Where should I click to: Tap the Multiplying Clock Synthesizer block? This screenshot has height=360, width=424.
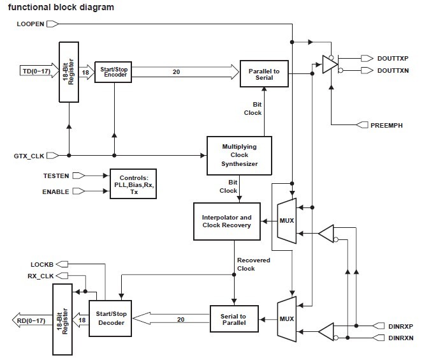tap(239, 155)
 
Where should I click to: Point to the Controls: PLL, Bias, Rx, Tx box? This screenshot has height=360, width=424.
tap(133, 184)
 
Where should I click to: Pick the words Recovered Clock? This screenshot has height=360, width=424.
tap(254, 264)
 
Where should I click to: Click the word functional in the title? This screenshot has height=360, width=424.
tap(28, 7)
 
